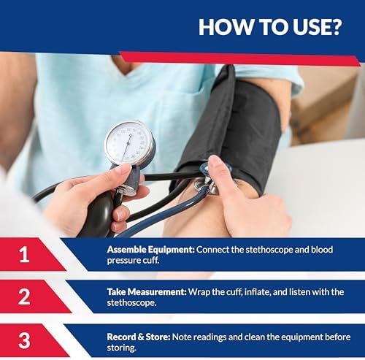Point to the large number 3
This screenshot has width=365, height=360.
click(x=25, y=340)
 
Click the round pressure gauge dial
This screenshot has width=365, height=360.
click(x=128, y=143)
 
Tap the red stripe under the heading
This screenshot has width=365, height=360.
click(x=241, y=58)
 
